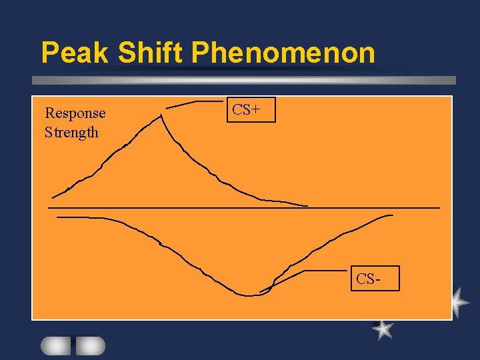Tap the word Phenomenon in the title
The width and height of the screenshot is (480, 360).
[x=283, y=53]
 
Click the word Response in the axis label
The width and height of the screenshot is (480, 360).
[x=75, y=113]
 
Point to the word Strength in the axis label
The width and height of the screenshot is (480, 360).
[x=71, y=132]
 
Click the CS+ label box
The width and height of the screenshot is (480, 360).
[x=250, y=110]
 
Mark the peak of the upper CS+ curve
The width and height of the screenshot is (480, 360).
[x=161, y=115]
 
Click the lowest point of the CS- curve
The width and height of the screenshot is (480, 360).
[x=248, y=295]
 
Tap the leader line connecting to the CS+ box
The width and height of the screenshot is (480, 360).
[x=197, y=103]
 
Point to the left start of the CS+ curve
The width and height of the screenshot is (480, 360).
[x=53, y=197]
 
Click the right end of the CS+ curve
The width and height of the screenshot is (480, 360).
[x=307, y=205]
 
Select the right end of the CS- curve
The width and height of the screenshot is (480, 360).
[x=392, y=215]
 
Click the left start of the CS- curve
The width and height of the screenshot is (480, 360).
[x=59, y=217]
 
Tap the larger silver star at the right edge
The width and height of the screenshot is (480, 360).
[x=459, y=302]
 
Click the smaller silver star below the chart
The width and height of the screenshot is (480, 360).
[x=382, y=329]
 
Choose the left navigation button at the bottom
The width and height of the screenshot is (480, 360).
[x=55, y=345]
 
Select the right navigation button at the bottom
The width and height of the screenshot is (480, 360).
[x=90, y=345]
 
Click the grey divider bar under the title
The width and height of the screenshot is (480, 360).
[x=244, y=80]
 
